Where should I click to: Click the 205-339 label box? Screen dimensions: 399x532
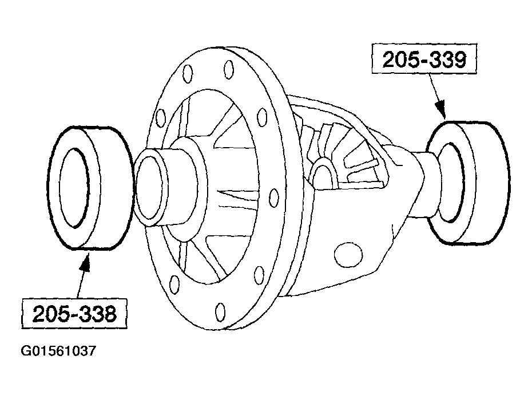pyautogui.click(x=423, y=60)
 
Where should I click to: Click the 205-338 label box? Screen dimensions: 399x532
pyautogui.click(x=74, y=314)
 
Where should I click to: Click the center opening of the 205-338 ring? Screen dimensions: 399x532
pyautogui.click(x=74, y=189)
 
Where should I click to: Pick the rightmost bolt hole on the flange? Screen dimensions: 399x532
pyautogui.click(x=263, y=118)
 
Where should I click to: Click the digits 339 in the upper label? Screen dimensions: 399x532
pyautogui.click(x=446, y=60)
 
